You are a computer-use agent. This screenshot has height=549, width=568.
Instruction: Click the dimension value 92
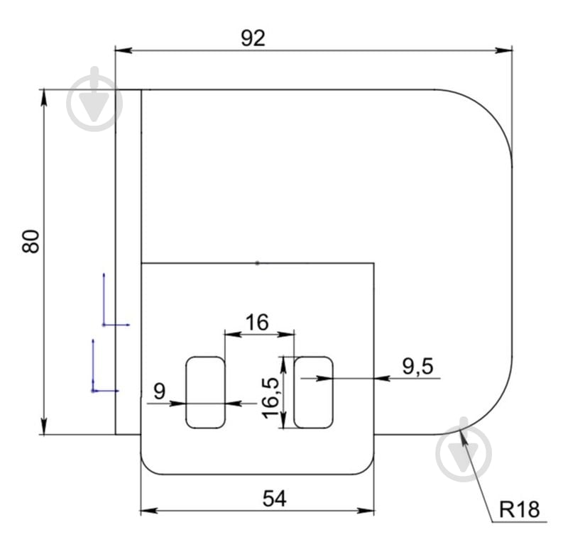click(253, 38)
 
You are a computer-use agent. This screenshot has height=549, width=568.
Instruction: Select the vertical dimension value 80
click(31, 241)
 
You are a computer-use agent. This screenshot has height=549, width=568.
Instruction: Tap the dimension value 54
click(275, 499)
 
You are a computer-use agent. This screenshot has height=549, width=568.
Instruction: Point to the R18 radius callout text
click(519, 509)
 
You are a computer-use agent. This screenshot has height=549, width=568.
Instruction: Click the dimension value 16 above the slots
click(257, 322)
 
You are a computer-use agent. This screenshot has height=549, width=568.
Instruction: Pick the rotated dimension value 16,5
click(271, 398)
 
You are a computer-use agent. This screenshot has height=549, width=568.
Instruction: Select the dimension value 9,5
click(417, 366)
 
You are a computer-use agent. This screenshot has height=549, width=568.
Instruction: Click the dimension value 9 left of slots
click(159, 392)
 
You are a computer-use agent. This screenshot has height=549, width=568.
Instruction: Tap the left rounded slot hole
click(205, 392)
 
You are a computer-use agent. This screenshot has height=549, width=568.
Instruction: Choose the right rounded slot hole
click(313, 392)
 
